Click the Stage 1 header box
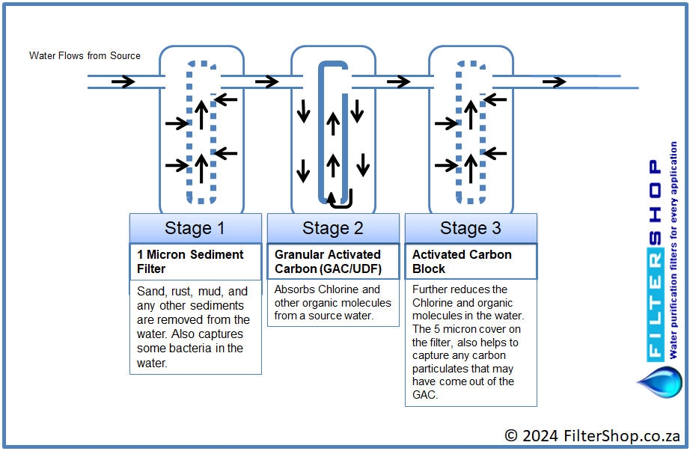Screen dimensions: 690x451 click(195, 228)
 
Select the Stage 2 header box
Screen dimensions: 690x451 click(333, 228)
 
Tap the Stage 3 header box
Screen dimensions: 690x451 click(471, 228)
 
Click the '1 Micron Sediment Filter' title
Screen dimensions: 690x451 click(190, 261)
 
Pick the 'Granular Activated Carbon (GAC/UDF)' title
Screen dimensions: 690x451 click(328, 261)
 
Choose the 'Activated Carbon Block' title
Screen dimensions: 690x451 click(462, 261)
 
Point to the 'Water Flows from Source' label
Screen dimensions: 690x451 click(85, 56)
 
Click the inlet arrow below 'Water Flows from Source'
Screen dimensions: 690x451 click(123, 82)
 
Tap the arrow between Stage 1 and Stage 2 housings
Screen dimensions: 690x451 click(267, 82)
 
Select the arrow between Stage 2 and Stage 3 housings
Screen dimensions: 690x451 click(399, 82)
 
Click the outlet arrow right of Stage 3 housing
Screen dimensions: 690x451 click(554, 82)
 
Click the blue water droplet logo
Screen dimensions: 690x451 click(659, 382)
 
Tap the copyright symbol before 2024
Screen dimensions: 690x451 click(511, 435)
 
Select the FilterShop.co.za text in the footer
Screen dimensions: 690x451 click(622, 435)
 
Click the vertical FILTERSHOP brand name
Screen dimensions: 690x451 click(656, 260)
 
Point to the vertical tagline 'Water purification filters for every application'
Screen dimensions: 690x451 click(674, 250)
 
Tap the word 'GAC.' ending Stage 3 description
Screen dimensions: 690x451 click(425, 395)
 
